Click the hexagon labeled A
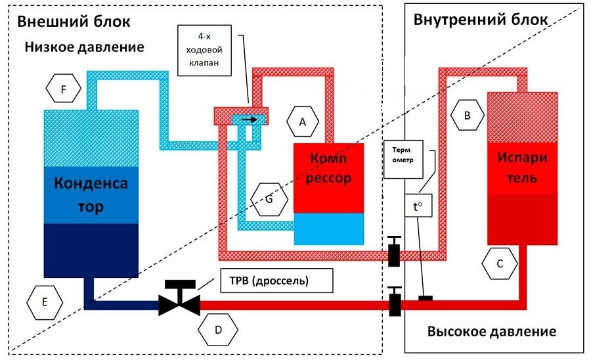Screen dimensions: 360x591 [x=302, y=122]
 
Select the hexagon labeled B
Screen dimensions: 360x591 [x=467, y=116]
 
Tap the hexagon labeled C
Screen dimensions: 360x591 [x=500, y=264]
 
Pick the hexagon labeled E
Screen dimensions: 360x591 [x=45, y=303]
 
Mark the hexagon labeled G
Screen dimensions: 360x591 [x=269, y=200]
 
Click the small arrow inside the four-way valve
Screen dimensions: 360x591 [x=249, y=120]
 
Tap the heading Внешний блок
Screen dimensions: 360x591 [x=74, y=21]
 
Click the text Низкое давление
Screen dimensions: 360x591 [x=84, y=48]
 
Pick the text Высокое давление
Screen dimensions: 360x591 [x=492, y=331]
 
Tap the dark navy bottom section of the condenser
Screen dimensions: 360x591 [x=91, y=250]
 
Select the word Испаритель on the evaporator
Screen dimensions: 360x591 [x=521, y=169]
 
